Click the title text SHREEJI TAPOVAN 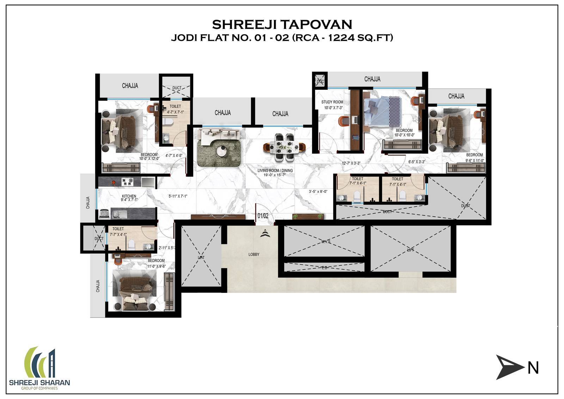tap(282, 24)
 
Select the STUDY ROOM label tap(332, 102)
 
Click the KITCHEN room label tap(129, 196)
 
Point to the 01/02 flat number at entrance tap(263, 215)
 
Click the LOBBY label tap(253, 254)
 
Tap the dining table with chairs tap(284, 145)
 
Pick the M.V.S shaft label tap(326, 242)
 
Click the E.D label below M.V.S tap(324, 268)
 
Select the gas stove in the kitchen tap(127, 182)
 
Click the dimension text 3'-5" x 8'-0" tap(318, 192)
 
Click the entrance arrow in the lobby tap(264, 233)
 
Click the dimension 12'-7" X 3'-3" tap(351, 163)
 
